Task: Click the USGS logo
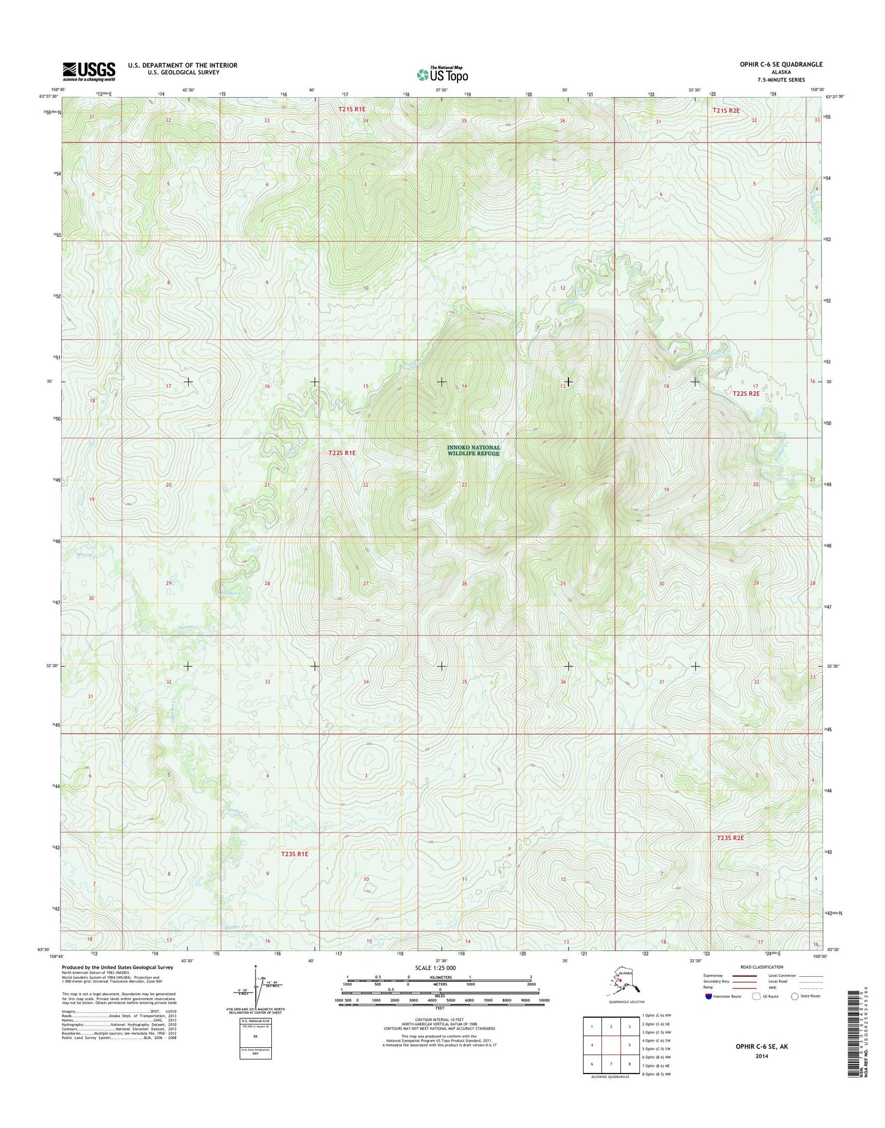(x=89, y=72)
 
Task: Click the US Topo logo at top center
(x=442, y=74)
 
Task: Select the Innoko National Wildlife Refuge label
(x=473, y=450)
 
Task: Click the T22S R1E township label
(x=342, y=453)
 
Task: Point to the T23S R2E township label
(x=730, y=837)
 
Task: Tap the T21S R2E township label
(x=726, y=110)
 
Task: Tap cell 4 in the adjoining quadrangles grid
(x=592, y=1046)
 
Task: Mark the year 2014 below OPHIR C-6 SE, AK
(x=761, y=1056)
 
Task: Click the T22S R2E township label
(x=746, y=394)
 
